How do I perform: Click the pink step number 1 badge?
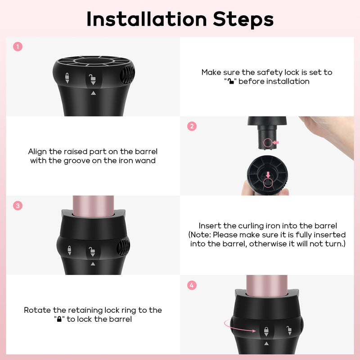18,47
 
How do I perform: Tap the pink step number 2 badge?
192,126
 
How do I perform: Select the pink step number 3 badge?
18,206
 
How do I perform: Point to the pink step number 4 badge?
192,285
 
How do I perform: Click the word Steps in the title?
243,20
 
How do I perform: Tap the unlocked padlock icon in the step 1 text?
230,81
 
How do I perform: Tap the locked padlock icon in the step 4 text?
59,319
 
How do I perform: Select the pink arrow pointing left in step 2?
276,143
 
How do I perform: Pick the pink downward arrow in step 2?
268,175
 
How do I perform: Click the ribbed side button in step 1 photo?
128,74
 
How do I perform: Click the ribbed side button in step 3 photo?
123,247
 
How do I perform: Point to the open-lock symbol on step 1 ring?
93,80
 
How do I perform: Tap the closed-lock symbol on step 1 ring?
67,78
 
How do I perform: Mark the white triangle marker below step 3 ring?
93,264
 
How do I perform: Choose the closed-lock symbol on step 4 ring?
266,332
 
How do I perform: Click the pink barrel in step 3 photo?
93,206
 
